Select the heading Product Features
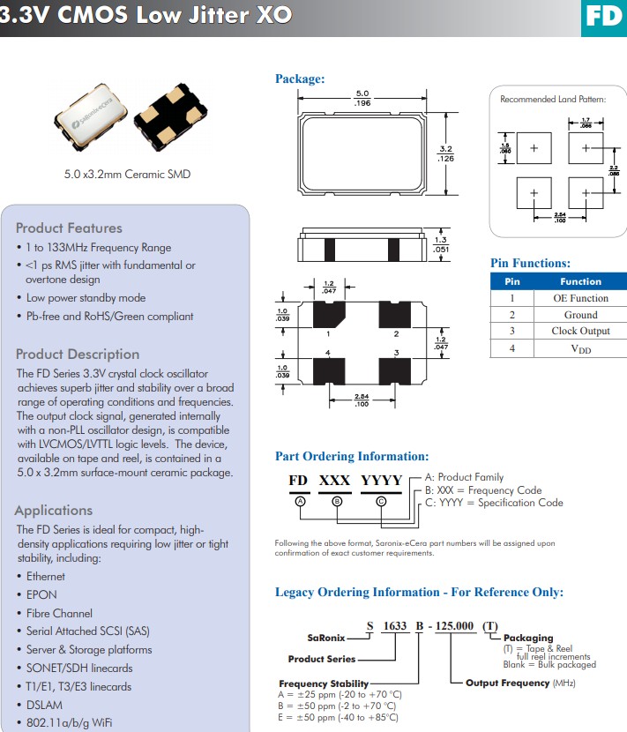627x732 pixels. (69, 228)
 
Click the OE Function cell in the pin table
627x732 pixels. (580, 298)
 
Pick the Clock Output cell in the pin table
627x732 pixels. (580, 332)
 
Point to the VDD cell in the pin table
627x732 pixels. (580, 348)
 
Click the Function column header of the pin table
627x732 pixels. (580, 281)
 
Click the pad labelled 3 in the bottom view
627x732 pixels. (395, 369)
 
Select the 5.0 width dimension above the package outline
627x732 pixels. (362, 93)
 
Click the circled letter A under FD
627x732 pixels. (300, 500)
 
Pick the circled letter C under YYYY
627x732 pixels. (381, 500)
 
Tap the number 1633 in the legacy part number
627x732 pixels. (398, 625)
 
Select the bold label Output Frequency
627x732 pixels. (507, 683)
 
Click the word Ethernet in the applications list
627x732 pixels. (46, 577)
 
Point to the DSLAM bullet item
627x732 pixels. (45, 705)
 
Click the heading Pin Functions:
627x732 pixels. (530, 263)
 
